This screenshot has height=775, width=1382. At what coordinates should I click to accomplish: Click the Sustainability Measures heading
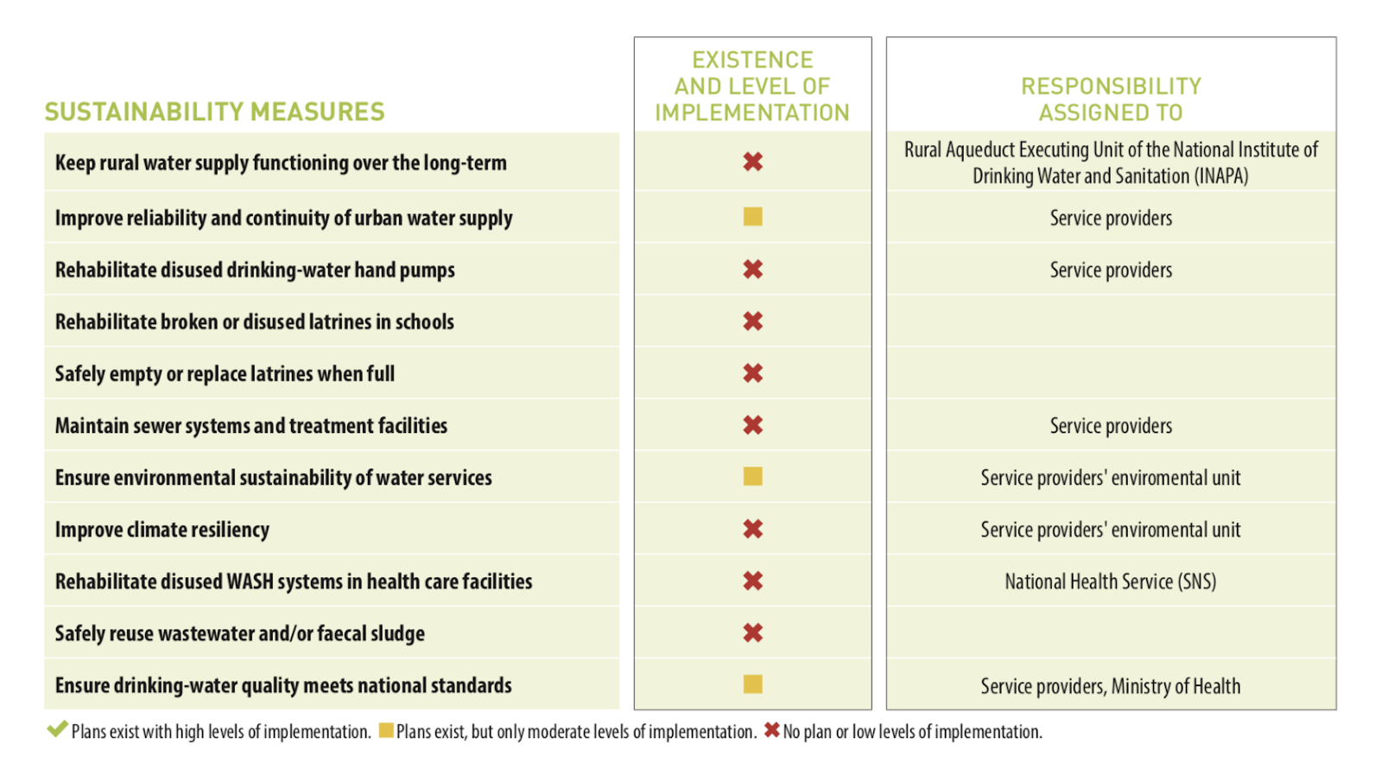[214, 111]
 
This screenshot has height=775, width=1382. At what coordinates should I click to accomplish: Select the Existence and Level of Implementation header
[752, 86]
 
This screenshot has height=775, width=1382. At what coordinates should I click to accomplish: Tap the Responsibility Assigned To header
[1111, 99]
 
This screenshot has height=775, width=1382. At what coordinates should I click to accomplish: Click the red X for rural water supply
[752, 162]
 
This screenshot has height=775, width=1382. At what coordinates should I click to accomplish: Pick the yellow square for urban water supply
[752, 217]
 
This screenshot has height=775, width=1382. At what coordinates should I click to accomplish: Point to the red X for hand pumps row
[752, 270]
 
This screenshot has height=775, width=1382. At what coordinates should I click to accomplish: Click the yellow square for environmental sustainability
[752, 477]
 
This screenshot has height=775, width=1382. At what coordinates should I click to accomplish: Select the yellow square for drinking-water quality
[752, 684]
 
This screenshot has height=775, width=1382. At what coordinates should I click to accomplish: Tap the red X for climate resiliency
[752, 529]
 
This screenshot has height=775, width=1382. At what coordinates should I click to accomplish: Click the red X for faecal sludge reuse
[752, 632]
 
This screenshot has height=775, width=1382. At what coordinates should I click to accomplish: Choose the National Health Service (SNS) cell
[1110, 581]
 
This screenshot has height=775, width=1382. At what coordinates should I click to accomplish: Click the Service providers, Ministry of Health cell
[1110, 686]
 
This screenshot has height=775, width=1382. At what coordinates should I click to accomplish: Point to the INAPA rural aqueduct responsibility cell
[1110, 162]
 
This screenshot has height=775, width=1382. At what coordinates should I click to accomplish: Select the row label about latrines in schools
[254, 321]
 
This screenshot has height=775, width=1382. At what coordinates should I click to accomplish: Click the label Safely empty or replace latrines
[225, 373]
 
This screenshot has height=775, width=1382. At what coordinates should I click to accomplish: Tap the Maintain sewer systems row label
[250, 425]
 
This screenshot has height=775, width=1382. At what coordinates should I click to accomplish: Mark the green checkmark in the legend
[57, 729]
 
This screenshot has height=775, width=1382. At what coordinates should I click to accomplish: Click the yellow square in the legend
[386, 731]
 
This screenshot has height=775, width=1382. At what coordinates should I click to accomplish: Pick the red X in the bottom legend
[771, 731]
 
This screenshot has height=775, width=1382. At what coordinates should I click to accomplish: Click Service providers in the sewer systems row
[1110, 426]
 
